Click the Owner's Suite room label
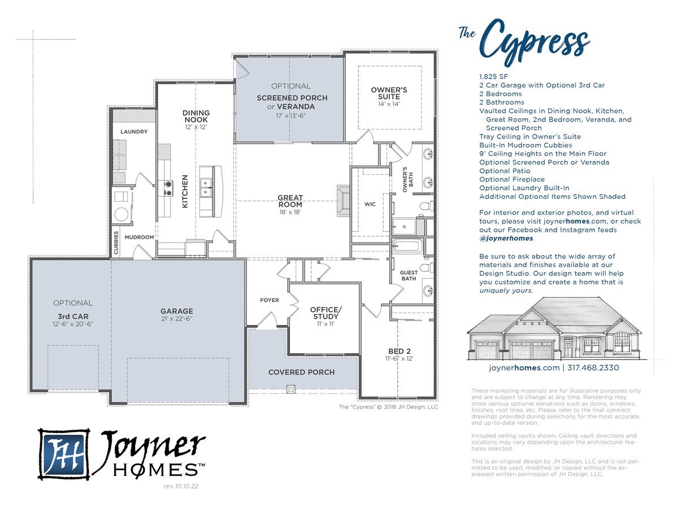click(x=389, y=93)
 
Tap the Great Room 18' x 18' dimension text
click(x=290, y=212)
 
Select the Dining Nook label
click(x=196, y=116)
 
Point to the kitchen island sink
click(x=206, y=188)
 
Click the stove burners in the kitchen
click(x=168, y=188)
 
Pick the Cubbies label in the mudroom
click(x=116, y=242)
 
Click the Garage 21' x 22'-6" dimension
click(x=177, y=319)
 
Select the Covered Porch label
click(x=301, y=372)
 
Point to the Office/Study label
click(x=326, y=313)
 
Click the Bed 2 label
click(x=399, y=351)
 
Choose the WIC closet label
click(x=370, y=204)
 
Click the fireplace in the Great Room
click(x=343, y=201)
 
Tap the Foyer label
click(x=270, y=300)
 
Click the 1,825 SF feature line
click(x=494, y=76)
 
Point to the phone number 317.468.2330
click(x=593, y=367)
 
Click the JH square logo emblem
click(x=64, y=454)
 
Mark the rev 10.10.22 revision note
click(x=181, y=486)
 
